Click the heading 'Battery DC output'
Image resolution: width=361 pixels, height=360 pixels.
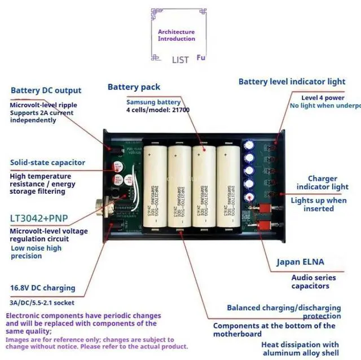click(x=46, y=90)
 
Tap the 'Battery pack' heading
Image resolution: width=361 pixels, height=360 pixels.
click(x=134, y=87)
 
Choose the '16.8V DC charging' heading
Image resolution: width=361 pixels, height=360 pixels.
click(x=42, y=288)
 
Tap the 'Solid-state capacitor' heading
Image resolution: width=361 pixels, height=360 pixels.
click(x=47, y=162)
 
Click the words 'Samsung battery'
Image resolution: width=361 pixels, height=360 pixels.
click(x=153, y=102)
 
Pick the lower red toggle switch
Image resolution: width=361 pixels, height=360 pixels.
click(x=262, y=225)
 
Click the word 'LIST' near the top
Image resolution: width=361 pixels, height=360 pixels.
click(x=180, y=60)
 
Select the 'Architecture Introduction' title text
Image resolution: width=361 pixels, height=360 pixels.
click(x=176, y=35)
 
